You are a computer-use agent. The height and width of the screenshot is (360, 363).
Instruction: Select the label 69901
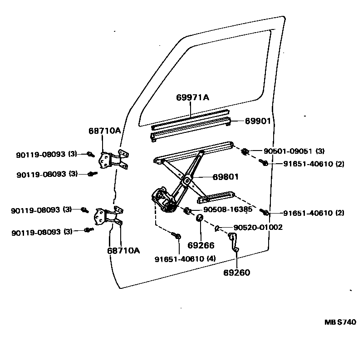click(258, 121)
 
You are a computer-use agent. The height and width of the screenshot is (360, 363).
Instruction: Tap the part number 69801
click(226, 177)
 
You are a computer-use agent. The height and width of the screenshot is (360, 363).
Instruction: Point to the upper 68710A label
click(104, 131)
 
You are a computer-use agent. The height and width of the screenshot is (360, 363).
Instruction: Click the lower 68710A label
click(123, 250)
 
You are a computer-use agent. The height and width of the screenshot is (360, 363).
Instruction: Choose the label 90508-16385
click(227, 209)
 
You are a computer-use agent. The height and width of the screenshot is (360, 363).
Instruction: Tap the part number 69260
click(237, 272)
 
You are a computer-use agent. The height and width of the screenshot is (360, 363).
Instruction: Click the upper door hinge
click(112, 160)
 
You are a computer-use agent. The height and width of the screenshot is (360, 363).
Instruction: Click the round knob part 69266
click(199, 219)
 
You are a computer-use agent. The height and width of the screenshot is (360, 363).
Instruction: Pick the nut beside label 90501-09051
click(245, 151)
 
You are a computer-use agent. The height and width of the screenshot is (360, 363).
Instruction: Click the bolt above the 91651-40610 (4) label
click(177, 236)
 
